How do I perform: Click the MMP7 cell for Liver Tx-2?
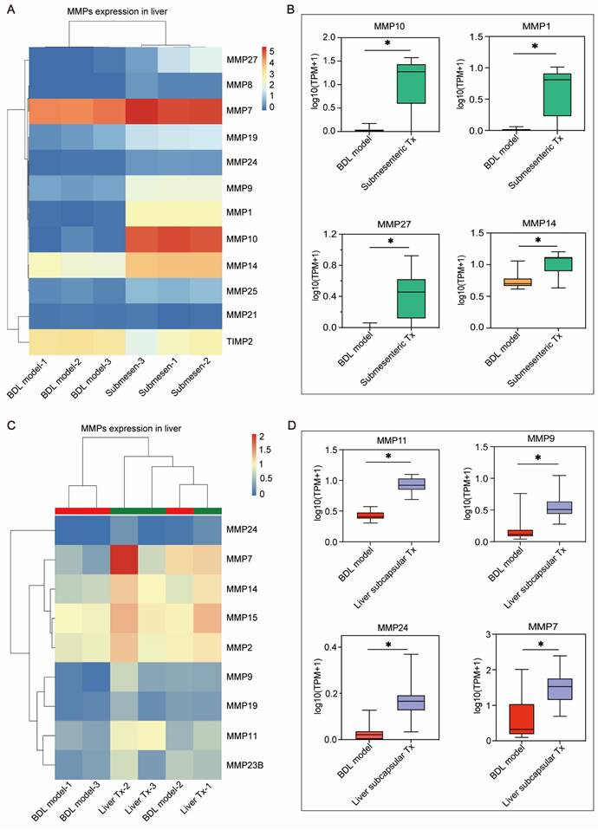coord(125,560)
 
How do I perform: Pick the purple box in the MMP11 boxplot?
coord(402,483)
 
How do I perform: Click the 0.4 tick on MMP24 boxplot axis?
coord(330,645)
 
